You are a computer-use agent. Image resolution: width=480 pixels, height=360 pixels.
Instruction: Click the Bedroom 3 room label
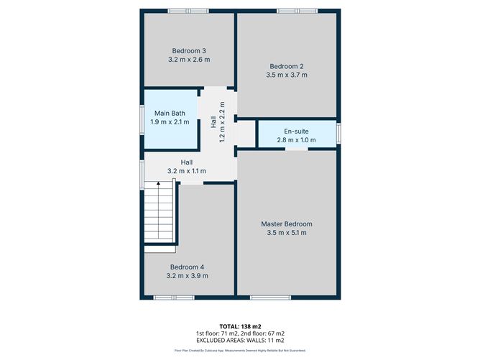189,50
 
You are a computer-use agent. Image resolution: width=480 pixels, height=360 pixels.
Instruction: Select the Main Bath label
170,113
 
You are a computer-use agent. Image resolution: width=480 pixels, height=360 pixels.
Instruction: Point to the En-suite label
297,131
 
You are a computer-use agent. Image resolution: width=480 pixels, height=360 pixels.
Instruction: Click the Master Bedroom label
287,223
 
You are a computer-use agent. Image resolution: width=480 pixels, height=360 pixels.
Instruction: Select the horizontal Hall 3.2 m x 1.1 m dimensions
187,171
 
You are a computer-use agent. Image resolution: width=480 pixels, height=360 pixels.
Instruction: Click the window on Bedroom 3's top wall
188,10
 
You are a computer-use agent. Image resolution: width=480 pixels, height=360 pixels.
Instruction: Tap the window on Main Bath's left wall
142,118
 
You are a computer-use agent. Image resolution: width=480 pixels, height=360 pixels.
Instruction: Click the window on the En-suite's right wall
338,133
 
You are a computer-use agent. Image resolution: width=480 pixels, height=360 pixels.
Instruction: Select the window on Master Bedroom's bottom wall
269,297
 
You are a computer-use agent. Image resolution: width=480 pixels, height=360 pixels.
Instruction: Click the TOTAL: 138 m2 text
239,326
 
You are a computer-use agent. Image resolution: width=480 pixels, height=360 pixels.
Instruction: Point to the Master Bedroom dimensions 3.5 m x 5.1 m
287,233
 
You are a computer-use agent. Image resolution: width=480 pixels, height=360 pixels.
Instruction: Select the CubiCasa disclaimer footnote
239,351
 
